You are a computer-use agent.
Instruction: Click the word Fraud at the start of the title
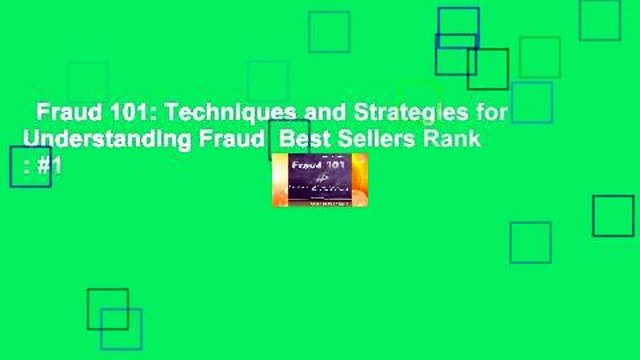61,112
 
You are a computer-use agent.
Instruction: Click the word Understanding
92,139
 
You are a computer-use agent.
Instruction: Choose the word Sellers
364,139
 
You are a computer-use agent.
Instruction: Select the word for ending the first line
492,112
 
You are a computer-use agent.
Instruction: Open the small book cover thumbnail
319,179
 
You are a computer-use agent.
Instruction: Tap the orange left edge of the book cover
276,180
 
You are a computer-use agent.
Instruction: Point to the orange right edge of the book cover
363,180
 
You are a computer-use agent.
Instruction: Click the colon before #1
26,167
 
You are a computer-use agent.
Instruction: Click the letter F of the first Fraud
42,112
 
